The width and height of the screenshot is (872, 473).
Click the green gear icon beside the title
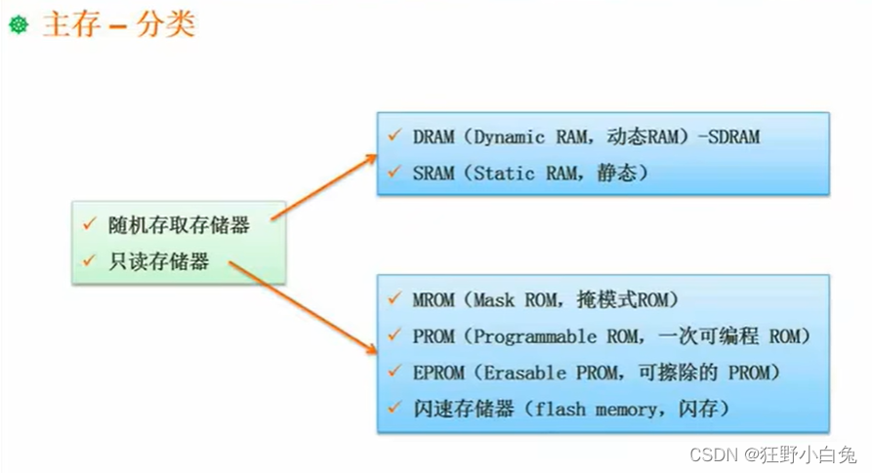19,24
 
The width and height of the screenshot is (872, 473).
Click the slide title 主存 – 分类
118,23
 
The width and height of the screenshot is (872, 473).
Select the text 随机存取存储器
179,225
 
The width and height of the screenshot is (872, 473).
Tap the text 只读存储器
159,261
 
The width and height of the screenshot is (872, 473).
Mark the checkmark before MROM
394,299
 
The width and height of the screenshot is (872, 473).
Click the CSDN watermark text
711,454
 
